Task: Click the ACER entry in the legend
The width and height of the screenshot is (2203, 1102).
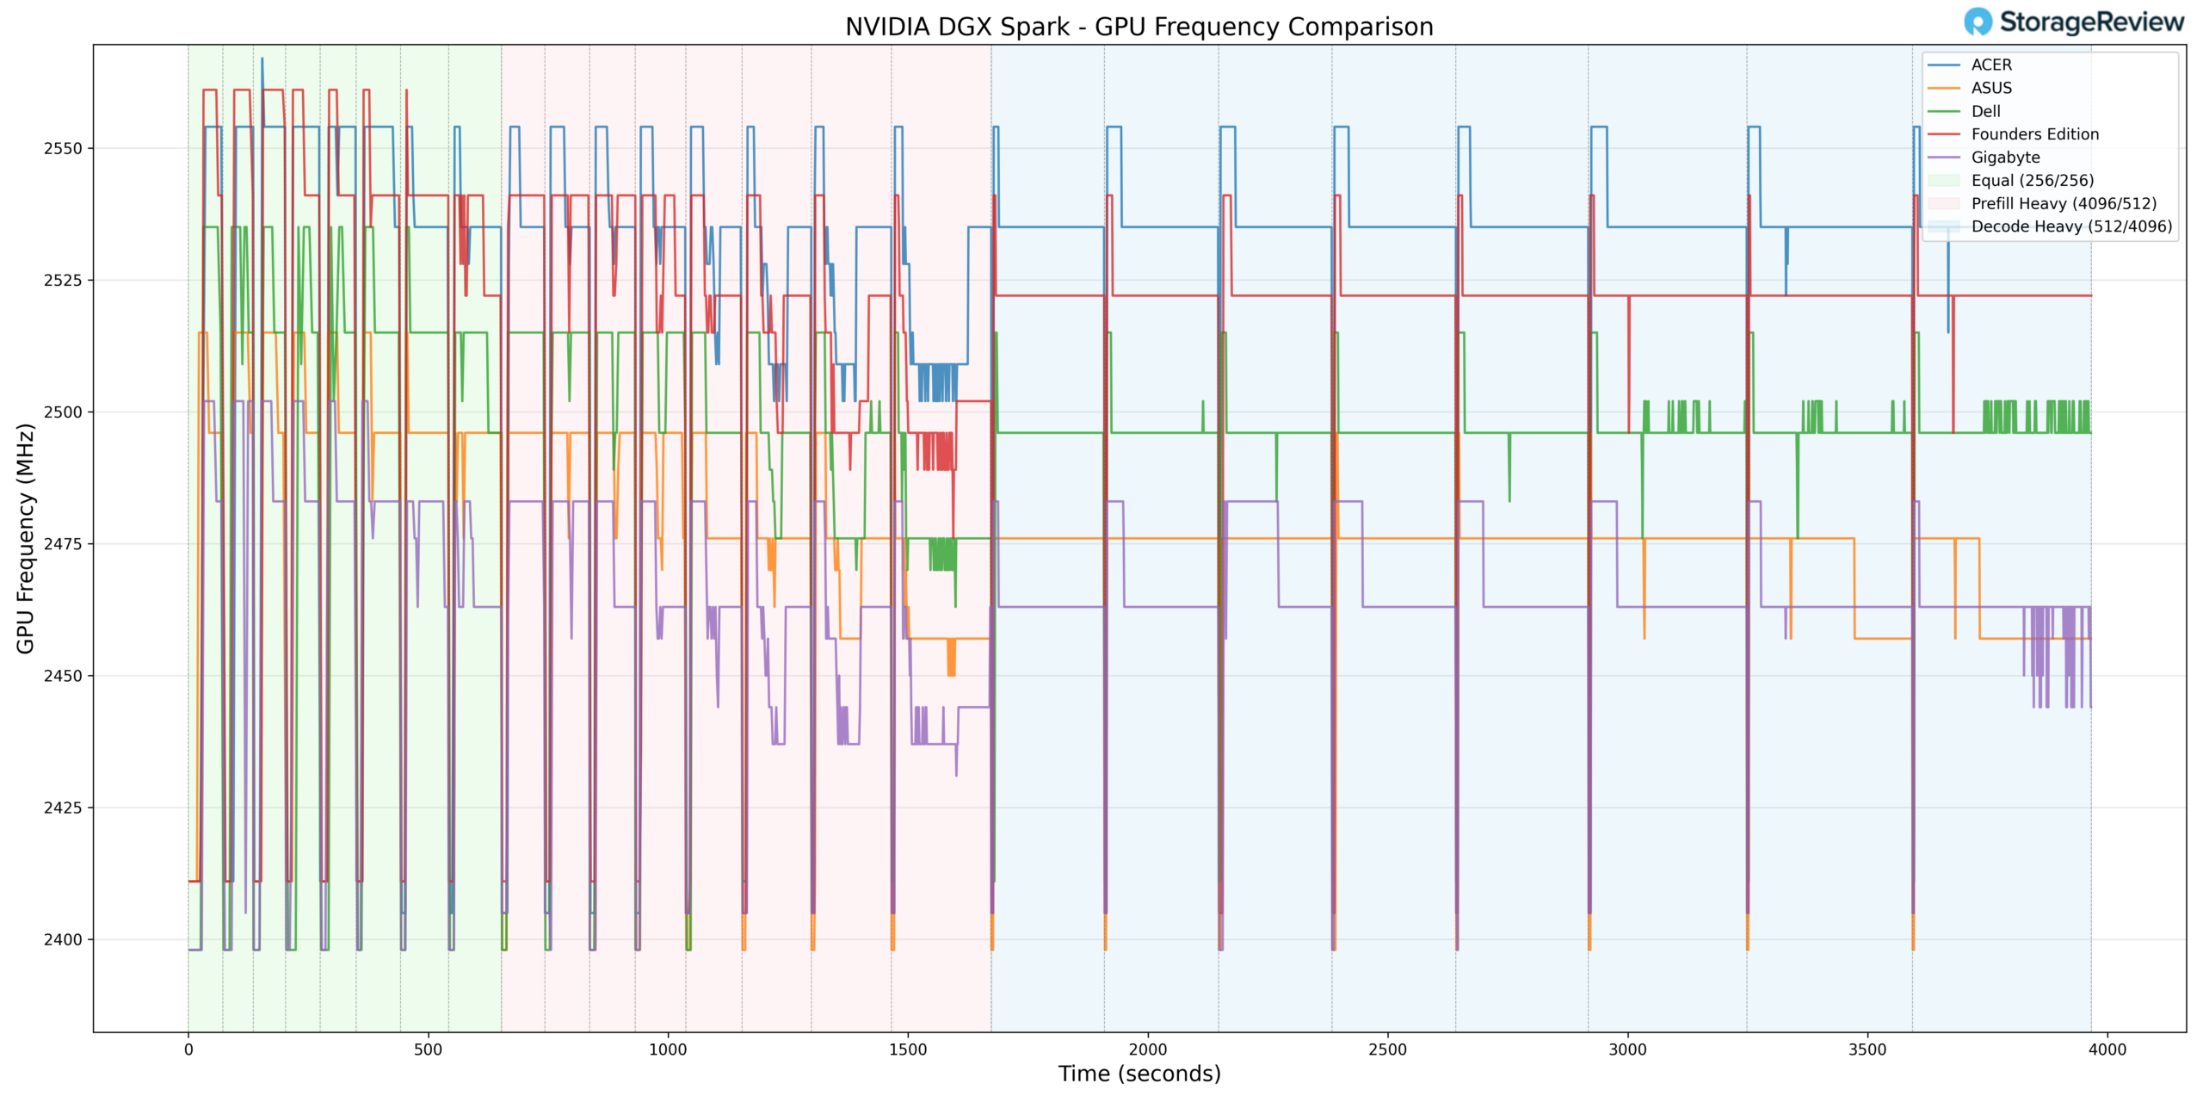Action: click(x=1990, y=65)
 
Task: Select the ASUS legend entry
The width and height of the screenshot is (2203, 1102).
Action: click(x=1990, y=88)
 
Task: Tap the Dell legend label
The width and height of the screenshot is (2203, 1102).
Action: click(x=1985, y=111)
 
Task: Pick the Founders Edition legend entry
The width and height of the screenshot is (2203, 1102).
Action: click(x=2034, y=134)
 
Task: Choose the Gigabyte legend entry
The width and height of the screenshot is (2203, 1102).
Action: click(x=2005, y=158)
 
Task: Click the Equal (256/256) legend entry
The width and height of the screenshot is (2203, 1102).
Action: click(x=2032, y=181)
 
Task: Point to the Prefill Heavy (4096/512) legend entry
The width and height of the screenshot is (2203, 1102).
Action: click(x=2064, y=204)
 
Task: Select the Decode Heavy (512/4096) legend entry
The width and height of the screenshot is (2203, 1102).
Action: click(x=2071, y=226)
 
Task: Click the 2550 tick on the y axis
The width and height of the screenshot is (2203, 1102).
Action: click(x=63, y=148)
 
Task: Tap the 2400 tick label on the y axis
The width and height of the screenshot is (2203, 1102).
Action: click(x=63, y=939)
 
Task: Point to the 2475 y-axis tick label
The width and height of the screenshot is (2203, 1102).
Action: click(x=63, y=544)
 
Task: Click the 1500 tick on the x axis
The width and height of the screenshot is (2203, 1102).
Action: click(x=908, y=1049)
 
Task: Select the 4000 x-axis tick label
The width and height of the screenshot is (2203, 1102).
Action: click(x=2107, y=1049)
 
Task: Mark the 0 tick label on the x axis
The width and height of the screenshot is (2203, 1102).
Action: click(x=188, y=1049)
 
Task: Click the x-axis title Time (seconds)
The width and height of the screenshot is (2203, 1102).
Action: click(x=1139, y=1074)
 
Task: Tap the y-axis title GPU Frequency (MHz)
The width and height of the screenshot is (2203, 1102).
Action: click(x=26, y=538)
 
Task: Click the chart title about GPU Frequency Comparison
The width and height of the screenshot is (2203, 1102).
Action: click(x=1139, y=27)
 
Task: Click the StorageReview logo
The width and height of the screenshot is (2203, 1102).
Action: click(x=2074, y=22)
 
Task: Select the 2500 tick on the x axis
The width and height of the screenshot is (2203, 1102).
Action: click(x=1387, y=1049)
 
